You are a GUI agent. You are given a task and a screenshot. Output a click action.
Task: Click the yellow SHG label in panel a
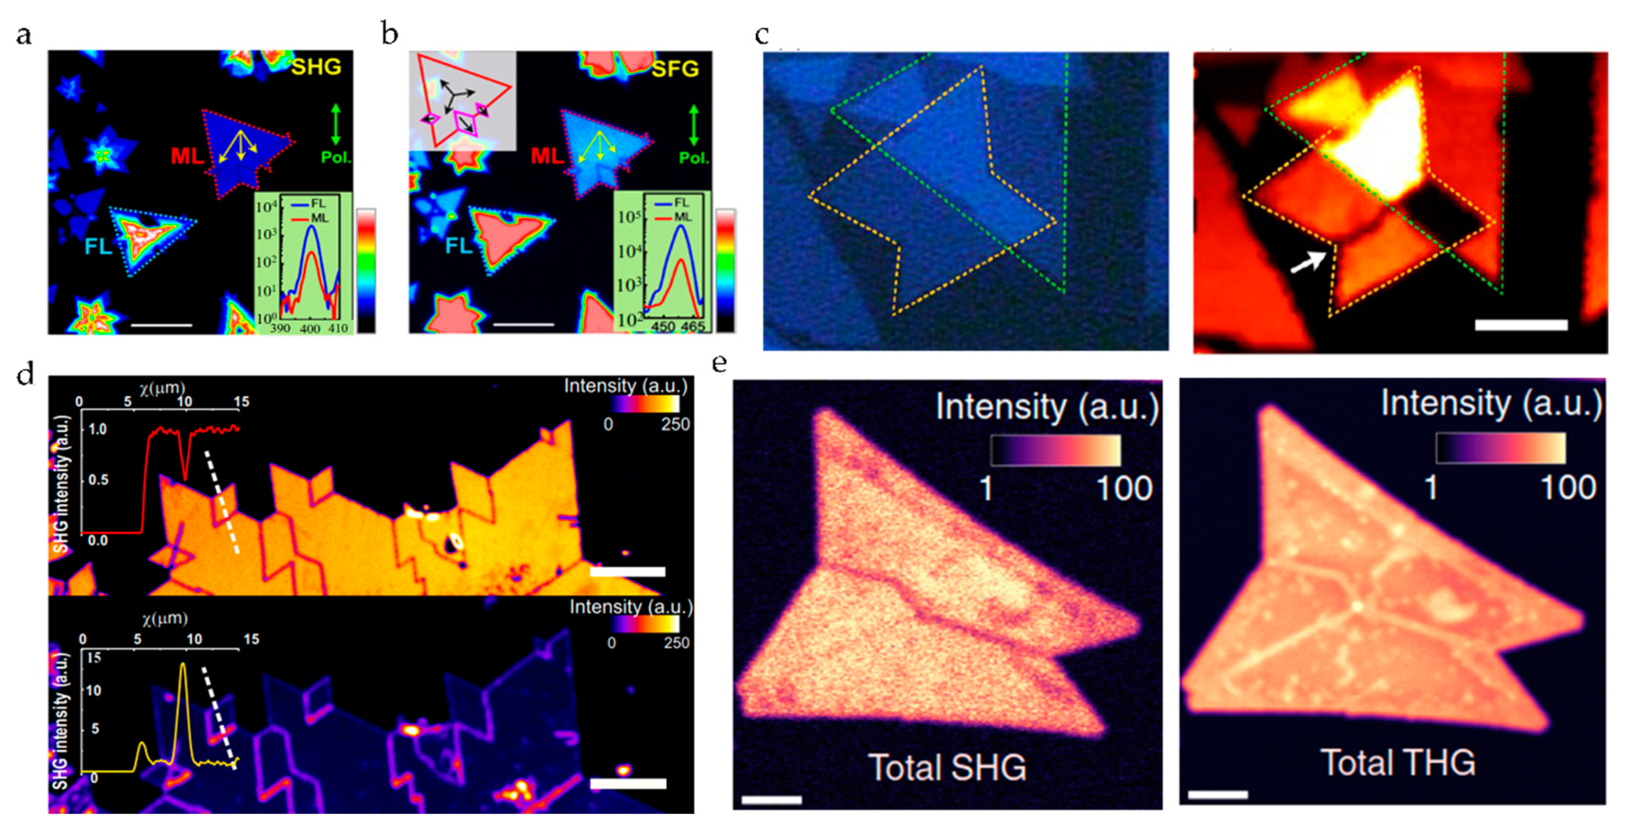pyautogui.click(x=316, y=67)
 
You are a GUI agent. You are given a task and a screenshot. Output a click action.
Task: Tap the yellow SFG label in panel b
pyautogui.click(x=675, y=69)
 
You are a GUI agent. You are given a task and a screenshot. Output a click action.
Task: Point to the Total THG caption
pyautogui.click(x=1398, y=763)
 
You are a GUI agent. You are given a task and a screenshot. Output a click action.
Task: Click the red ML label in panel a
pyautogui.click(x=187, y=156)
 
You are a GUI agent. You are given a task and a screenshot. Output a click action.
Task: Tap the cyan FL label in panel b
pyautogui.click(x=459, y=246)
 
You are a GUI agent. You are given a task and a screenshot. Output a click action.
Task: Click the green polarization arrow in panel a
pyautogui.click(x=335, y=125)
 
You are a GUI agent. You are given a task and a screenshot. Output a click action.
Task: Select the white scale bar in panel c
pyautogui.click(x=1521, y=325)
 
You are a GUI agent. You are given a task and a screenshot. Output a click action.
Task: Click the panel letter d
pyautogui.click(x=26, y=375)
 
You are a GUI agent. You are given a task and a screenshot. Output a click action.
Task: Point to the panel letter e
pyautogui.click(x=719, y=363)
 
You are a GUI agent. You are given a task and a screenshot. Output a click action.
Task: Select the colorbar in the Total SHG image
pyautogui.click(x=1055, y=450)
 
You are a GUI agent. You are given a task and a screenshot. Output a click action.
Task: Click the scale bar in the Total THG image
pyautogui.click(x=1218, y=795)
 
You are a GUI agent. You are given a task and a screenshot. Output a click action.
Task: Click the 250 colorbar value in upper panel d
pyautogui.click(x=675, y=424)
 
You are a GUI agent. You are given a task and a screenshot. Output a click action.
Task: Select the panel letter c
pyautogui.click(x=762, y=35)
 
